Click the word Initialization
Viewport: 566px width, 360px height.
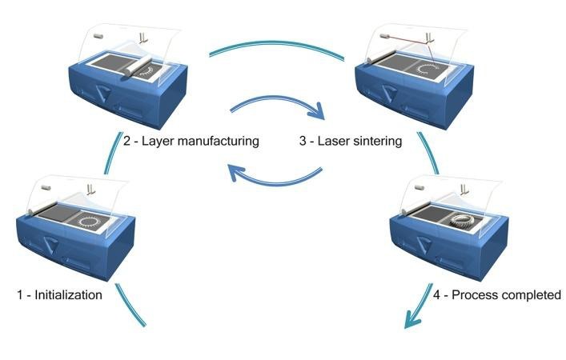click(67, 294)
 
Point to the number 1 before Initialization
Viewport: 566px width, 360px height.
click(20, 294)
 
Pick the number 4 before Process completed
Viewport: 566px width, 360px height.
click(437, 294)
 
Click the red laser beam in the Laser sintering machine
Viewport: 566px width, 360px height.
click(407, 40)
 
